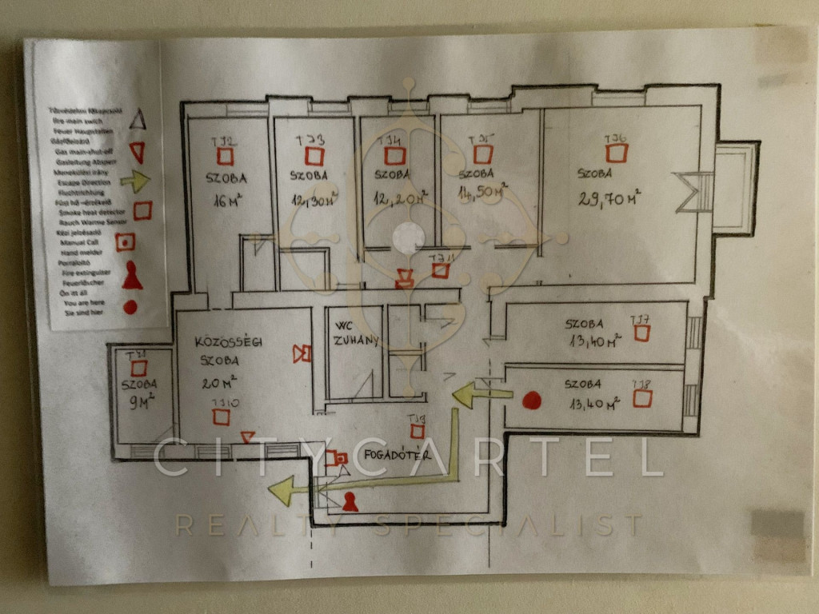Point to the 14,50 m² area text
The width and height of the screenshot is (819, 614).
[x=480, y=194]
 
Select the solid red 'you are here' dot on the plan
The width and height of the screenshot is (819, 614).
[x=532, y=400]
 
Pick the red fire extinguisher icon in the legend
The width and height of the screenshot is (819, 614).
[x=132, y=276]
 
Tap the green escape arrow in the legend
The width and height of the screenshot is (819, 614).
[x=137, y=182]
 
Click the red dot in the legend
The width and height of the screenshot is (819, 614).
[x=130, y=307]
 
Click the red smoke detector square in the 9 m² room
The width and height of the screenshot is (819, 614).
[x=139, y=368]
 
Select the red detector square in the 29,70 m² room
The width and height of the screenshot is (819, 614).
[x=617, y=152]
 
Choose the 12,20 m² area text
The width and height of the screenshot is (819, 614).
[x=400, y=197]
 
